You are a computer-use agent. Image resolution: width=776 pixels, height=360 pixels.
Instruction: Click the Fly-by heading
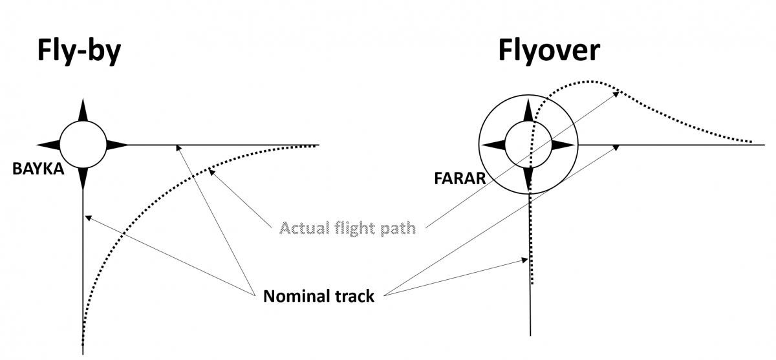78,52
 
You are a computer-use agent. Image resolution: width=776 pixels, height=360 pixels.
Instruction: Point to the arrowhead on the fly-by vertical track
87,218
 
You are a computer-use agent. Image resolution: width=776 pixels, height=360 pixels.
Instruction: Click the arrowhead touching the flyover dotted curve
617,93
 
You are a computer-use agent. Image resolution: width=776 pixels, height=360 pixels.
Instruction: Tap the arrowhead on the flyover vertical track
525,260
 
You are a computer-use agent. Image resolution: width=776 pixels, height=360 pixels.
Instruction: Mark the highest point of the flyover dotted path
585,81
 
